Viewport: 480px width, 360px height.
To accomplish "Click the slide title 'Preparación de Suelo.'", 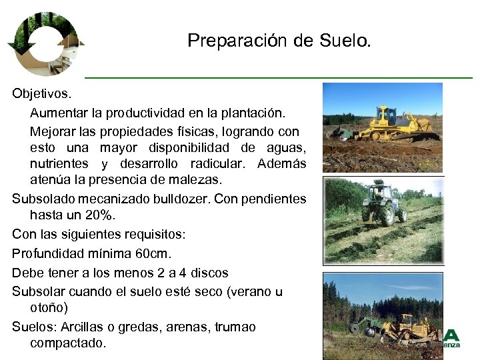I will pyautogui.click(x=279, y=41).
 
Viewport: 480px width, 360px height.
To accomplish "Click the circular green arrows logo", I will pyautogui.click(x=45, y=43).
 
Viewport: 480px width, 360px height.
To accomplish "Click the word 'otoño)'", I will pyautogui.click(x=49, y=308).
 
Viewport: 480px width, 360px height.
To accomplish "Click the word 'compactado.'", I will pyautogui.click(x=67, y=343).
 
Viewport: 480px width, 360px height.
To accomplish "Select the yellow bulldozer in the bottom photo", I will pyautogui.click(x=407, y=327).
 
